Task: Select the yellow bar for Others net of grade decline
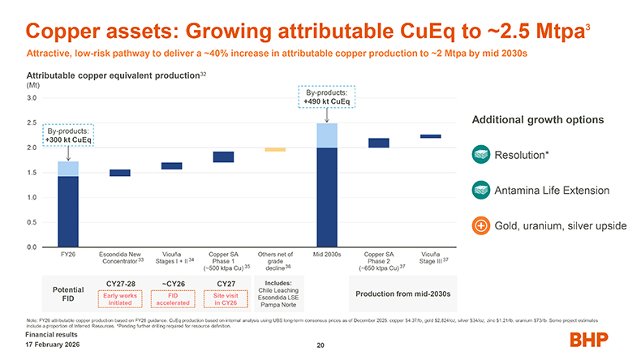point(275,149)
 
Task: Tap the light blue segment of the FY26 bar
point(68,169)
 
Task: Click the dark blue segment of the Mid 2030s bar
point(327,196)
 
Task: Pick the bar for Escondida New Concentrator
point(120,173)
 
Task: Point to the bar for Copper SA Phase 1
point(223,156)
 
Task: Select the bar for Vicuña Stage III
point(431,136)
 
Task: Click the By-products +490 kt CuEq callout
point(327,97)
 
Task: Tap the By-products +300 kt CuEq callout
point(69,135)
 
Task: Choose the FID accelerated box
point(172,299)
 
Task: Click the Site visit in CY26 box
point(223,299)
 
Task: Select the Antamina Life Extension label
point(553,191)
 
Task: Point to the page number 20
point(320,346)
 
